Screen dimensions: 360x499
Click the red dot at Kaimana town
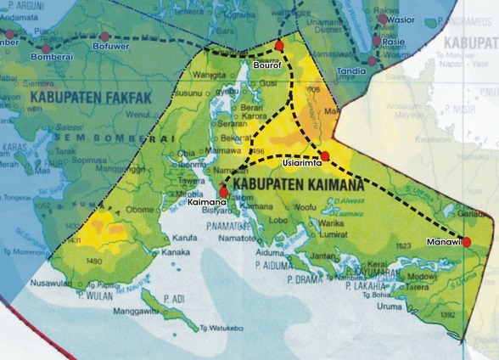224,192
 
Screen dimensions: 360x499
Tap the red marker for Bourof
279,44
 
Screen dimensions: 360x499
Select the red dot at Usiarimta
324,155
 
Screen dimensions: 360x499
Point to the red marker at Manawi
466,242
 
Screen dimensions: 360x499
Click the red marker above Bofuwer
105,37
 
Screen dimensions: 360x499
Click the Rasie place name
394,41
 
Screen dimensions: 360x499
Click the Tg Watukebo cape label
221,328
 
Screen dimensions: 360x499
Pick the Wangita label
210,75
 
